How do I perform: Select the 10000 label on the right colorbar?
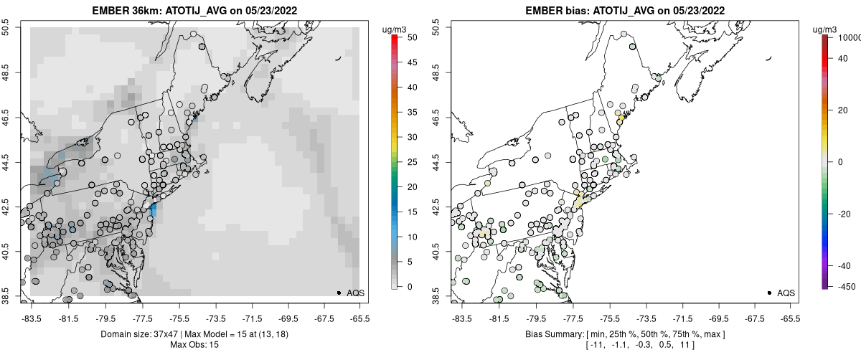pyautogui.click(x=847, y=37)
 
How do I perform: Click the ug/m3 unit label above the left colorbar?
pyautogui.click(x=395, y=29)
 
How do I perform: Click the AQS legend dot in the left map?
pyautogui.click(x=339, y=293)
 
